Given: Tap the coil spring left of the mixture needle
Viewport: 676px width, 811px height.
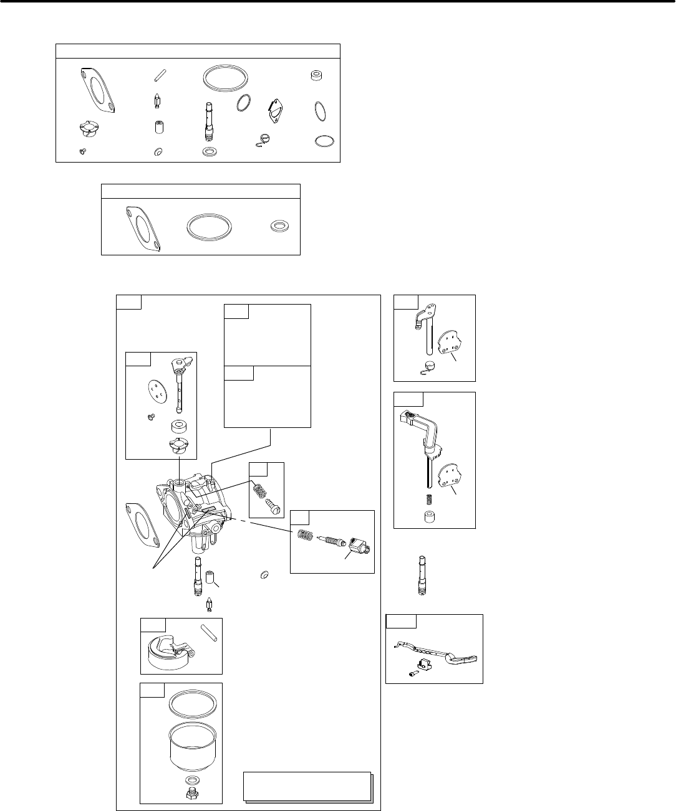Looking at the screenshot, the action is pos(302,535).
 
